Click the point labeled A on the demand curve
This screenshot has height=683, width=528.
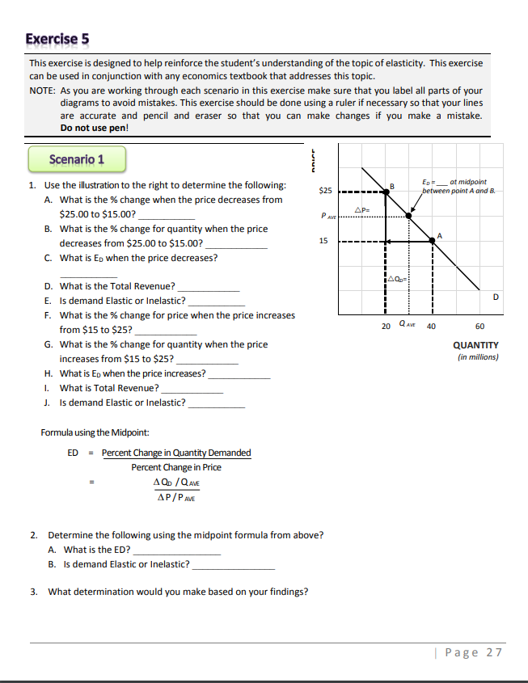[x=433, y=241]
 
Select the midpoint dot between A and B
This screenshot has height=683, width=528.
[x=408, y=217]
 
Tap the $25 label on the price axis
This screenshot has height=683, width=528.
[x=323, y=191]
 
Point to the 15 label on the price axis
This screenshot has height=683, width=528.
[x=323, y=241]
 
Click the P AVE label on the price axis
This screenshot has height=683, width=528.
[x=327, y=216]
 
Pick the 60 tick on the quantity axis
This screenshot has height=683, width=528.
[x=480, y=327]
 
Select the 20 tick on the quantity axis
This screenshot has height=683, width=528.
[x=385, y=327]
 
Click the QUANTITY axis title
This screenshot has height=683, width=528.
[x=475, y=345]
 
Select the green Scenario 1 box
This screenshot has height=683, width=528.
[x=76, y=159]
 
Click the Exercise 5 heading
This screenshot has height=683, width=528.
[x=57, y=39]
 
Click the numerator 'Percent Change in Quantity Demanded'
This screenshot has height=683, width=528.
[x=176, y=453]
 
